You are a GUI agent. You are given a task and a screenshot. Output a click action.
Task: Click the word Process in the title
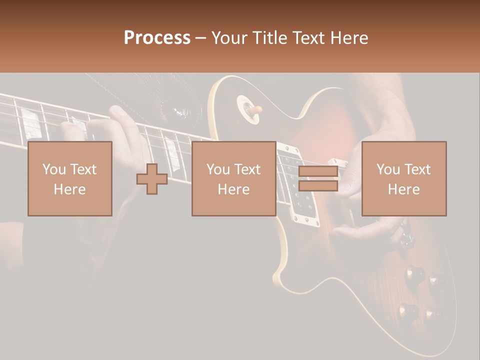click(157, 38)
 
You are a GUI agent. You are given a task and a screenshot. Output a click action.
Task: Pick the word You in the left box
click(53, 169)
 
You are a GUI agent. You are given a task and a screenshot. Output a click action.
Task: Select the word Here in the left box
click(69, 189)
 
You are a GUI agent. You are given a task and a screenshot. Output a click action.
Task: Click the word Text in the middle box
click(247, 169)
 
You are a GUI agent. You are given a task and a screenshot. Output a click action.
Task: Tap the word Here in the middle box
click(233, 189)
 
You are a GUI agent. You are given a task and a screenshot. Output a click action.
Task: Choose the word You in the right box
click(388, 169)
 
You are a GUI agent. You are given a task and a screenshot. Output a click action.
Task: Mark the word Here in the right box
click(403, 189)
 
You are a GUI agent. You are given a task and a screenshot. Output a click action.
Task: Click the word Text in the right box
click(417, 169)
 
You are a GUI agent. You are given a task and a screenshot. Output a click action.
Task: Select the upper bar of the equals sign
click(318, 171)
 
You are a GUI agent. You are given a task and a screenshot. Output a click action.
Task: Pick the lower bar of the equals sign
click(318, 186)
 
